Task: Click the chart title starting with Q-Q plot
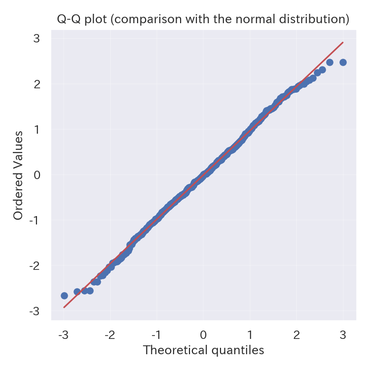(x=203, y=19)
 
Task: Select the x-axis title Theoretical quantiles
(x=203, y=350)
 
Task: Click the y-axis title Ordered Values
(x=18, y=175)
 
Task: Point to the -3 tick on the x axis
(x=63, y=335)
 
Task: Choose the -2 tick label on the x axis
(x=109, y=335)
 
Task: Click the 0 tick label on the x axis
(x=203, y=335)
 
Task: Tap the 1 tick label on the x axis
(x=250, y=335)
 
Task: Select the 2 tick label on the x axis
(x=296, y=335)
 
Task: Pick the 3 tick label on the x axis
(x=343, y=335)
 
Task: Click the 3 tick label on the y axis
(x=37, y=38)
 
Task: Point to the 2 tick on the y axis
(x=37, y=84)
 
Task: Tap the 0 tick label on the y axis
(x=37, y=175)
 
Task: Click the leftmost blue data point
(x=64, y=296)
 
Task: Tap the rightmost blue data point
(x=343, y=62)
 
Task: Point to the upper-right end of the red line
(x=343, y=42)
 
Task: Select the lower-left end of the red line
(x=64, y=307)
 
